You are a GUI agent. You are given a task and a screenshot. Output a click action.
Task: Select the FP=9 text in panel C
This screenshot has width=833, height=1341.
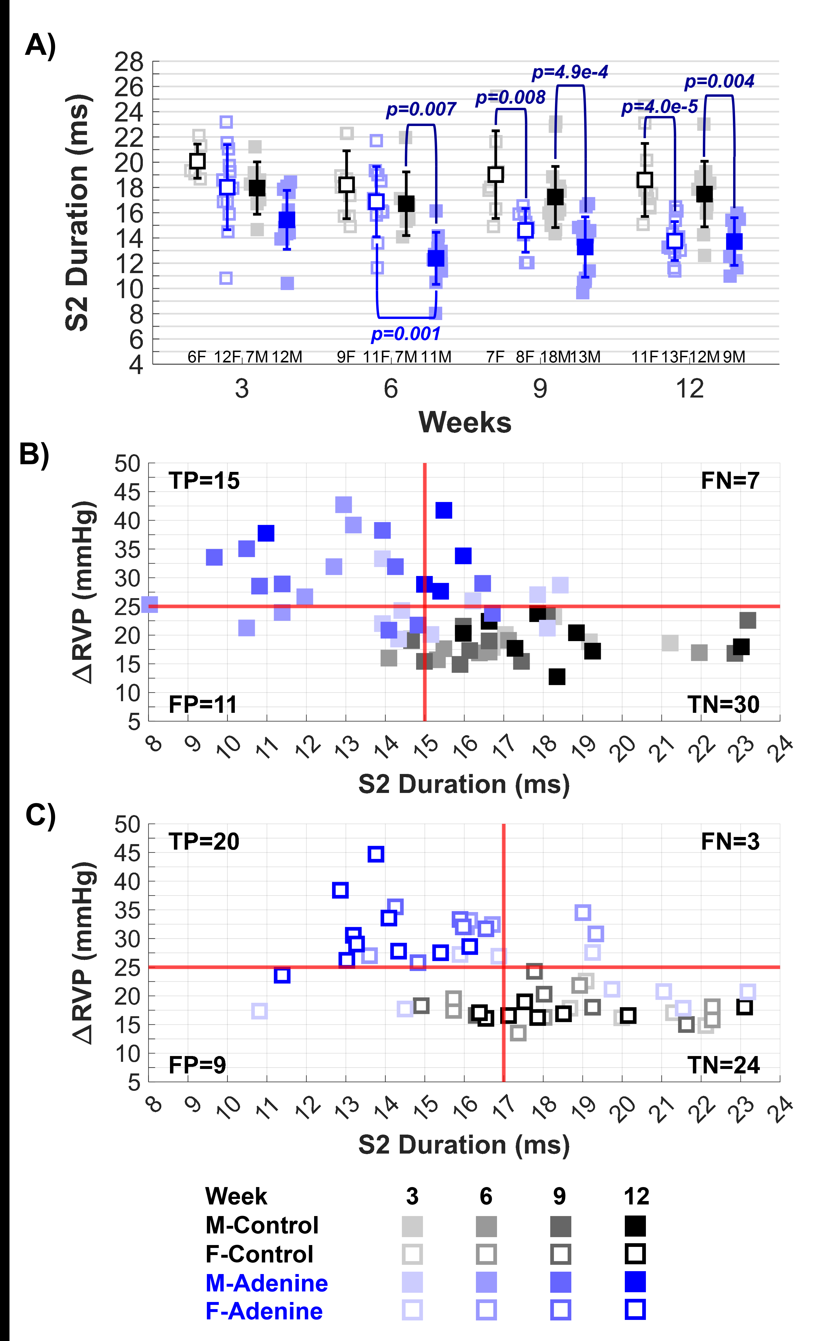pyautogui.click(x=197, y=1065)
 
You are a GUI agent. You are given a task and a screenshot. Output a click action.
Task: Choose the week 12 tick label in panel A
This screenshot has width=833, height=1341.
pyautogui.click(x=690, y=389)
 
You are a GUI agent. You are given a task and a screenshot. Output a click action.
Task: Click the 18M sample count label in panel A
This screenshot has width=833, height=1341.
pyautogui.click(x=555, y=357)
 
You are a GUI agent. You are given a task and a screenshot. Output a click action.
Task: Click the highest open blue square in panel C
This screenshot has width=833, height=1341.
pyautogui.click(x=376, y=854)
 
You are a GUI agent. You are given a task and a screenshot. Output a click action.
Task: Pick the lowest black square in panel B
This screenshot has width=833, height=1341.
pyautogui.click(x=557, y=676)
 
